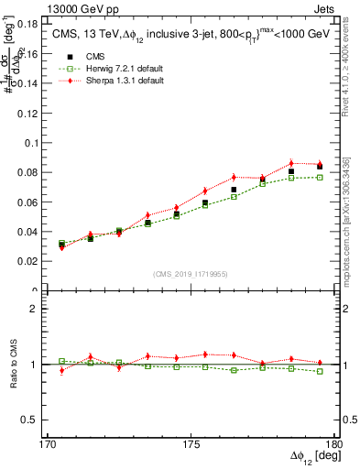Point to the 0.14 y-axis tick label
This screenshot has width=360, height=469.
click(x=30, y=83)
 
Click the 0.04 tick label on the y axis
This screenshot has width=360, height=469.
click(x=30, y=232)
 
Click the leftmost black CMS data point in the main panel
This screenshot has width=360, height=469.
click(x=61, y=245)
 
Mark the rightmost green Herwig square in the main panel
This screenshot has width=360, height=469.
click(x=320, y=177)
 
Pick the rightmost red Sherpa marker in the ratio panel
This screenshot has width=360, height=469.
click(x=320, y=363)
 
